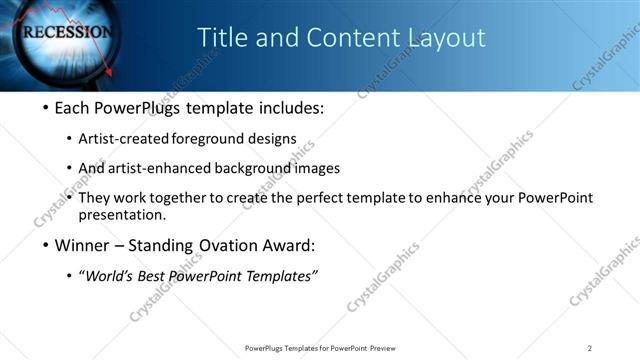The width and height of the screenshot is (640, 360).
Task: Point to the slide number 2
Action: point(590,348)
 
